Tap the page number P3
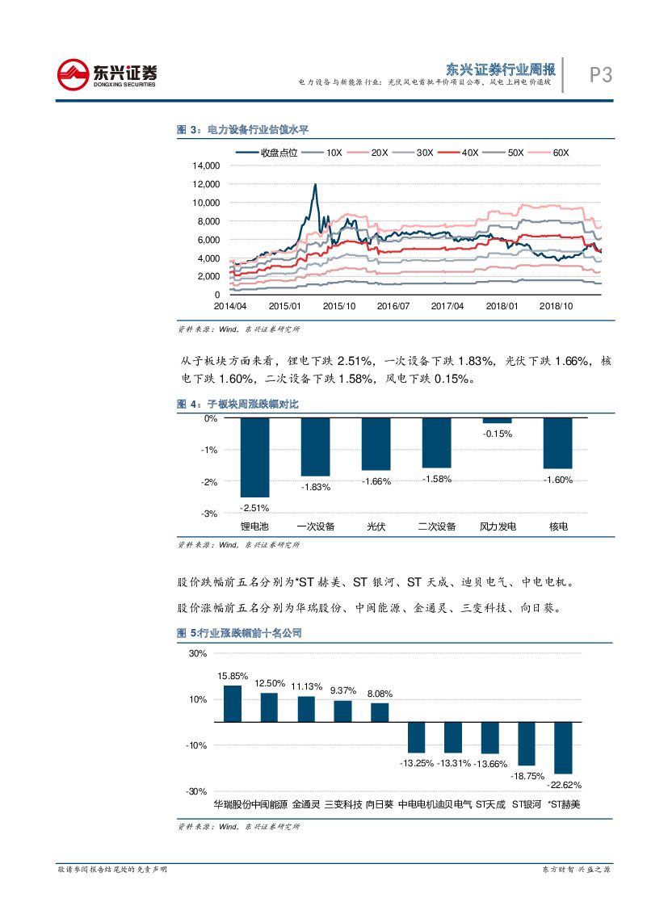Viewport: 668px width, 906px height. (599, 75)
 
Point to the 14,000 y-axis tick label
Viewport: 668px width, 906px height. (206, 166)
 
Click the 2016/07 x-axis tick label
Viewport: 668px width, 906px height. (393, 307)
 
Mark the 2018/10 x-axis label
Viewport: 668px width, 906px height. (556, 307)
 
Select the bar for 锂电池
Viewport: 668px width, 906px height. (254, 457)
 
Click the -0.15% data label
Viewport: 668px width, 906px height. (498, 434)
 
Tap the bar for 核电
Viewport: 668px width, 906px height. (557, 443)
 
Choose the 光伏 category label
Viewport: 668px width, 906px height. (376, 526)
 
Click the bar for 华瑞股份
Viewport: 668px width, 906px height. (232, 703)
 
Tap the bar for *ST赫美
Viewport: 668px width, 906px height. (563, 747)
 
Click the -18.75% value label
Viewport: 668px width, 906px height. (527, 775)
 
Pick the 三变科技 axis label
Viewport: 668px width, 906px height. (342, 804)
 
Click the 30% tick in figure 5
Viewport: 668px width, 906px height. (198, 653)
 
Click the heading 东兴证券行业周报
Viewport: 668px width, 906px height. (501, 69)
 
